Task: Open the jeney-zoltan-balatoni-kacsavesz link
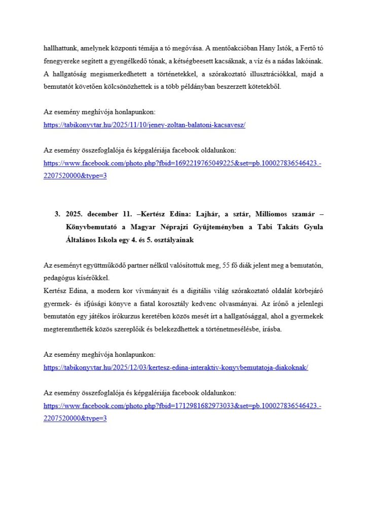pyautogui.click(x=144, y=125)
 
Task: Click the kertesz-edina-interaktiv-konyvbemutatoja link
pyautogui.click(x=176, y=367)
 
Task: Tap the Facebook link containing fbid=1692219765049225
pyautogui.click(x=182, y=164)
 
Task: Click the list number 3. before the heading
pyautogui.click(x=58, y=214)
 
